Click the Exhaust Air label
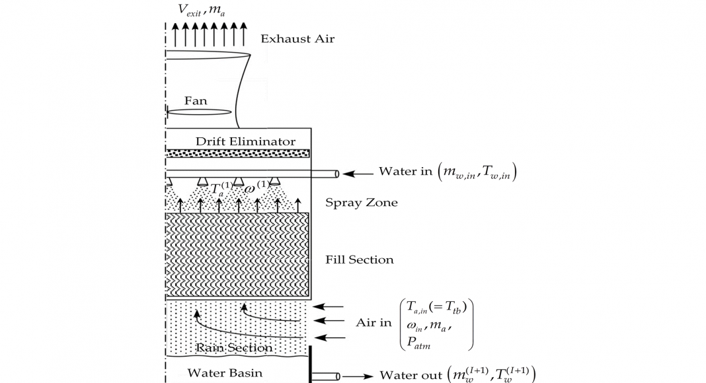[297, 39]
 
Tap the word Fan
[196, 101]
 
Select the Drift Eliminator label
[245, 141]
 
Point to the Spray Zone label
[362, 203]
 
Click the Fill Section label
[360, 260]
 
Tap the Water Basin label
[225, 373]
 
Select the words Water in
[401, 172]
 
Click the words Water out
[405, 375]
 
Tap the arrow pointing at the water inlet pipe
[358, 174]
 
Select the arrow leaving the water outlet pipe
[358, 376]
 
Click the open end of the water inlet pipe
[337, 174]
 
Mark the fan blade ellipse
[200, 112]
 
